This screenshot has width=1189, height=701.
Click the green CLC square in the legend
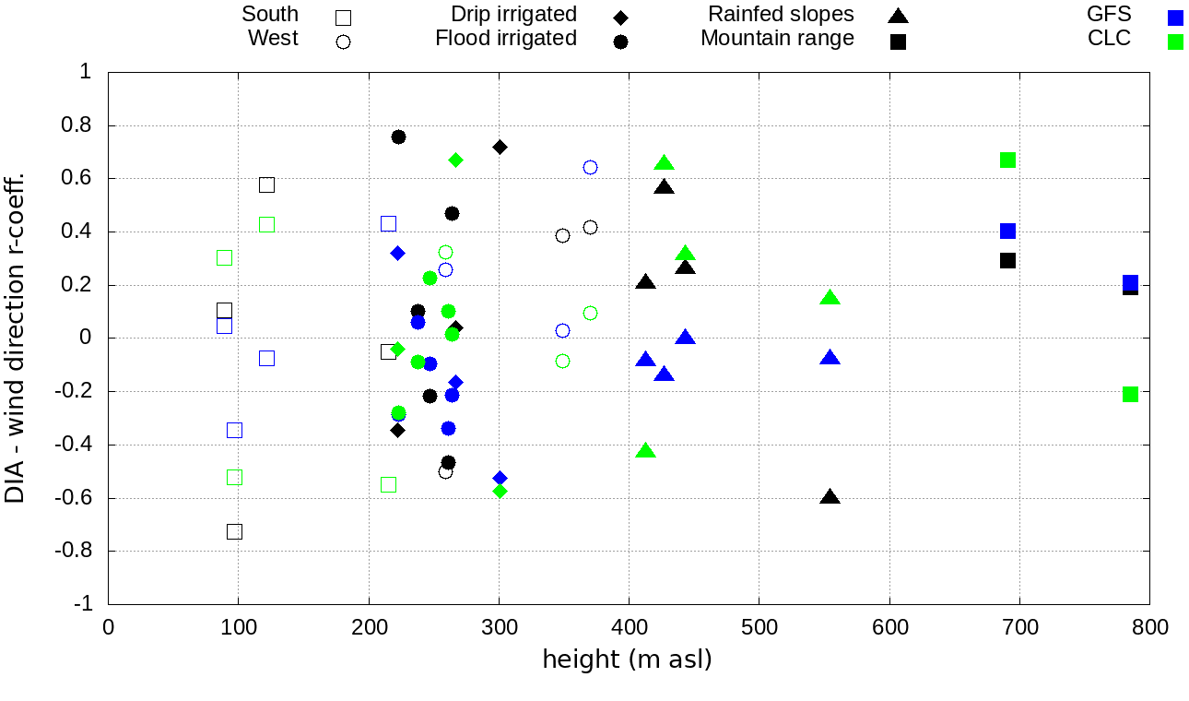click(x=1175, y=42)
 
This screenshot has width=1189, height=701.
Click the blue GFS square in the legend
click(x=1175, y=17)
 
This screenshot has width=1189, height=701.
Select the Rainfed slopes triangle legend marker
click(x=898, y=16)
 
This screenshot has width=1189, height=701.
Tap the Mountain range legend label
click(x=777, y=39)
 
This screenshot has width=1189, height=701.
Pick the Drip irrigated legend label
click(x=513, y=15)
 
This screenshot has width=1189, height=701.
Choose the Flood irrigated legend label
click(x=506, y=39)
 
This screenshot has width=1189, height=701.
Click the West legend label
click(x=273, y=39)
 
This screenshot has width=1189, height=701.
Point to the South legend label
click(x=270, y=15)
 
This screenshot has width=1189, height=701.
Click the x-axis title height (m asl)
click(x=627, y=660)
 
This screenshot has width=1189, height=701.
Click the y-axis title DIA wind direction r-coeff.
click(x=16, y=337)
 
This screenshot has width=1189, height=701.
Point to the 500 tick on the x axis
click(x=759, y=627)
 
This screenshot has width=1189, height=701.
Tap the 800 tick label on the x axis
click(x=1149, y=627)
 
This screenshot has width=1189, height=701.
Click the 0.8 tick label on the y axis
click(x=85, y=125)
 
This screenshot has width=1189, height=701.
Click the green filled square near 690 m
click(x=1007, y=160)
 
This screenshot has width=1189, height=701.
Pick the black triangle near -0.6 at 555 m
click(x=830, y=497)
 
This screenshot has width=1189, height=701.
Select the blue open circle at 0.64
click(x=590, y=167)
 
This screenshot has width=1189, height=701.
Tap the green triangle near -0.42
click(x=645, y=451)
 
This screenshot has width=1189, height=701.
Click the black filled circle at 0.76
click(x=398, y=137)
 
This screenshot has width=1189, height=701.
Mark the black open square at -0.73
click(x=234, y=531)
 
